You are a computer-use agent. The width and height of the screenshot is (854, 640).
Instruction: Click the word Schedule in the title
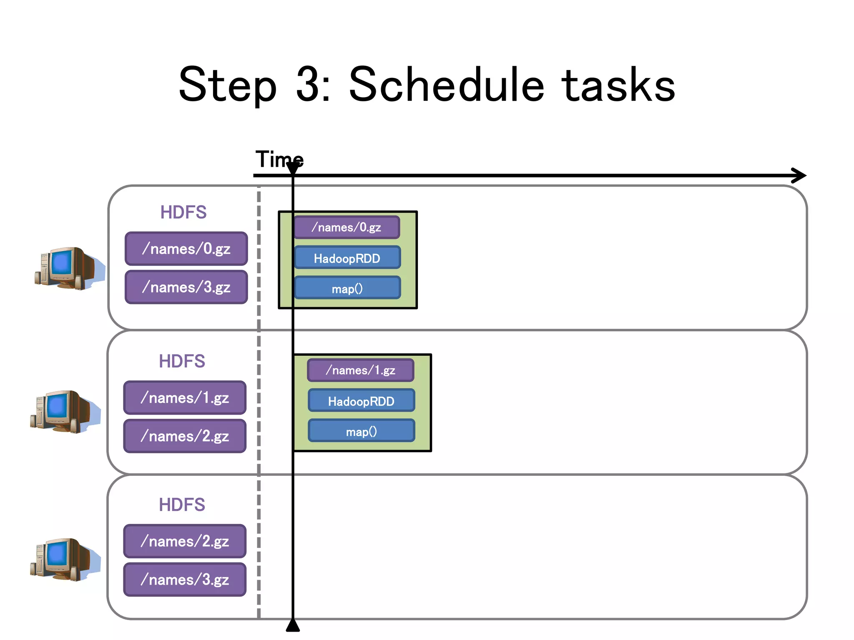pos(446,85)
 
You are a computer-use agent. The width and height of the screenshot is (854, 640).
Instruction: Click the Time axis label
pos(279,160)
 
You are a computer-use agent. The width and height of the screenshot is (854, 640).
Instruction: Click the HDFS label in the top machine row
pos(183,212)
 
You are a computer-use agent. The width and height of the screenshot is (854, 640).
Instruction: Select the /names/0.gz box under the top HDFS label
pos(186,249)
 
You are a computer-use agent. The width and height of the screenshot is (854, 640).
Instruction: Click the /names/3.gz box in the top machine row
pos(186,287)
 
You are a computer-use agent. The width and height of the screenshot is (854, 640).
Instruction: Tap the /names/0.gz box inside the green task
pos(347,227)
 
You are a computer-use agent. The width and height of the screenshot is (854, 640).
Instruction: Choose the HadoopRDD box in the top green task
pos(347,258)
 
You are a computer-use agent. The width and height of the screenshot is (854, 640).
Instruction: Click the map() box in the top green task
pos(347,288)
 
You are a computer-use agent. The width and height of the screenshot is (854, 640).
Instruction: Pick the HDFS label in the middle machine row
pos(182,361)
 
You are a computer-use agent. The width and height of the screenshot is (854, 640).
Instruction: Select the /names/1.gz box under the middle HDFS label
pos(185,397)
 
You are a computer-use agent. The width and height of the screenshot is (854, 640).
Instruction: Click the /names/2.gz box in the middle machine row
pos(185,436)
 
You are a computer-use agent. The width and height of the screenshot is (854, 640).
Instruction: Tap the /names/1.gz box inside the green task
pos(361,370)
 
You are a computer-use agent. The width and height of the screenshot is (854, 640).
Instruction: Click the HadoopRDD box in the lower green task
pos(361,401)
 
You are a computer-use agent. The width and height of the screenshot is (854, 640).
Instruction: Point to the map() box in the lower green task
pos(361,431)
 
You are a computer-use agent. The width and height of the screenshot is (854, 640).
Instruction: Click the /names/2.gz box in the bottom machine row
pos(185,541)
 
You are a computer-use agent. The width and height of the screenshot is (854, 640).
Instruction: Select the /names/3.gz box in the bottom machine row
pos(185,579)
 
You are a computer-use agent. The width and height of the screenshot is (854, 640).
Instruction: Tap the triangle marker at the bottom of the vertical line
pos(293,626)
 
